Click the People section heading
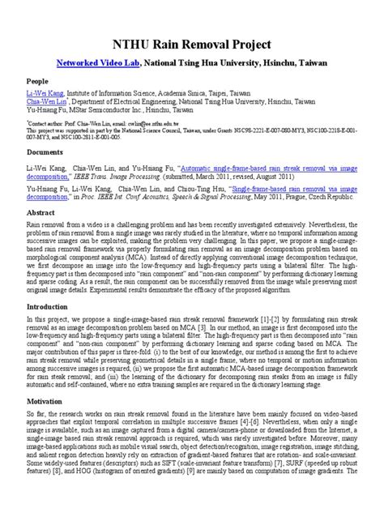37,81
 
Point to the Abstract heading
41,211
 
